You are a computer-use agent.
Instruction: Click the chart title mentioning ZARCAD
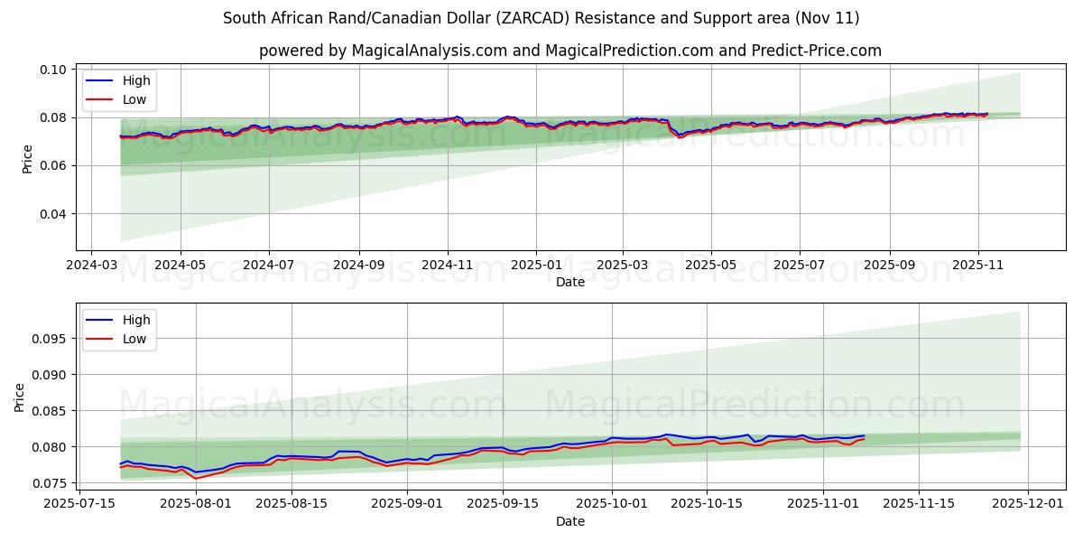541,18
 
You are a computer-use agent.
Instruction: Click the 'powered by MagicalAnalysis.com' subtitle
569,51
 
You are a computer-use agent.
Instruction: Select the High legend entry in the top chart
136,81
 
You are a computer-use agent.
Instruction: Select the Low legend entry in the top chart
134,100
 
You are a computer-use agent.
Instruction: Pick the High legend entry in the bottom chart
136,321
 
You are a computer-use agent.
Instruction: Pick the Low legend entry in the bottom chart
134,339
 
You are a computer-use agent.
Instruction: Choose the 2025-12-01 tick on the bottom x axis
1030,503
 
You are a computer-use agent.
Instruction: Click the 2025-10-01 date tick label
613,503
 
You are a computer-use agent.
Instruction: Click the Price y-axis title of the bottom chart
20,397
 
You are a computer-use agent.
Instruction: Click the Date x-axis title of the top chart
569,282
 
